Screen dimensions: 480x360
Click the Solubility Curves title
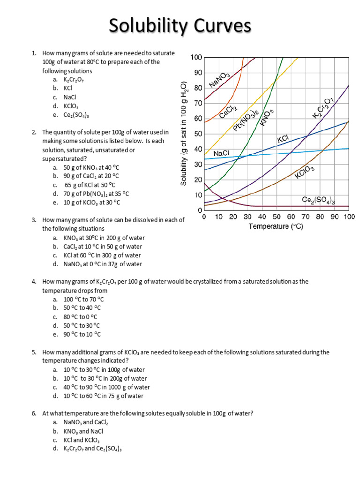pos(180,26)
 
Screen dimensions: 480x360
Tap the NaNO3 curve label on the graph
pos(219,80)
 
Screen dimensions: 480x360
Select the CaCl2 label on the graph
pos(228,112)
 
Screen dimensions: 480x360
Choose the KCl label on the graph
pos(283,140)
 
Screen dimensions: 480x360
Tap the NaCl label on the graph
pos(221,154)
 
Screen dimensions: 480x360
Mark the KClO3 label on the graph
pos(305,172)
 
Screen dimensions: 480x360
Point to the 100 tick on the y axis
pos(196,58)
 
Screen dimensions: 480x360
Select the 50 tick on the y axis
pos(198,134)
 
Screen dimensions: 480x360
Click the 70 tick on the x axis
pos(305,217)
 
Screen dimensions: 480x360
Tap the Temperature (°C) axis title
pos(276,226)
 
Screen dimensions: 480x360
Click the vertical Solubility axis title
pos(184,134)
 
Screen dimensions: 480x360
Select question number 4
pos(34,281)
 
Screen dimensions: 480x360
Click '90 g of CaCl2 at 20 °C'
pos(91,176)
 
